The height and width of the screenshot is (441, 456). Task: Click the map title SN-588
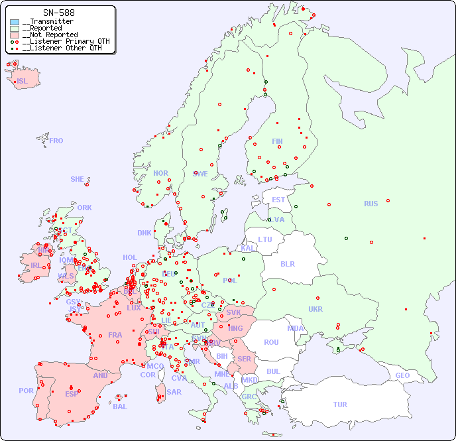point(59,13)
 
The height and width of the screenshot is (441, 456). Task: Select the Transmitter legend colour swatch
point(15,22)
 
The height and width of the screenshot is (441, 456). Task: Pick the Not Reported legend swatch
point(15,35)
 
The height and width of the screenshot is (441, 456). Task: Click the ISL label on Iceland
point(23,82)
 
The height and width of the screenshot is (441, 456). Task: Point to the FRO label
point(56,141)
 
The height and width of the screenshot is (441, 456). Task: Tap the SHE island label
point(78,179)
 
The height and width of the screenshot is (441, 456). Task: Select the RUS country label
point(370,204)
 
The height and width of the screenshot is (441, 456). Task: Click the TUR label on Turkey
point(340,405)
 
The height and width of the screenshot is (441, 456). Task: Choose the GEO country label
point(402,375)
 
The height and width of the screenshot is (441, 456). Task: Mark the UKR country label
point(315,309)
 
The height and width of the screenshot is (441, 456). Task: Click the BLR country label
point(288,263)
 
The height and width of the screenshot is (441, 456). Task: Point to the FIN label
point(277,141)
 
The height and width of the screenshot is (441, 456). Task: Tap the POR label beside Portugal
point(26,391)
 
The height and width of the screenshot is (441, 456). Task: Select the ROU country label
point(271,342)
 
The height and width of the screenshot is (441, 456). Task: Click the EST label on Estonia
point(278,200)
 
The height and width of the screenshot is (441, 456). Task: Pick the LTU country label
point(265,239)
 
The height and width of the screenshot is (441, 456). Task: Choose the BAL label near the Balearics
point(119,407)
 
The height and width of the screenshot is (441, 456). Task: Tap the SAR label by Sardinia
point(174,392)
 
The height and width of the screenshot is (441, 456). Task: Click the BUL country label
point(273,371)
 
